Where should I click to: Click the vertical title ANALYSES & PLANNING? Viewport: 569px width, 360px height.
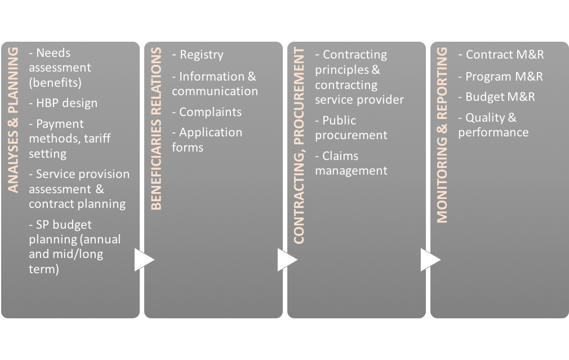(x=14, y=120)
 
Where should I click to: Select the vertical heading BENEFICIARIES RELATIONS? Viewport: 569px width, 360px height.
(x=156, y=129)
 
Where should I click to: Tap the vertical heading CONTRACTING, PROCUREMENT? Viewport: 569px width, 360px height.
(x=299, y=146)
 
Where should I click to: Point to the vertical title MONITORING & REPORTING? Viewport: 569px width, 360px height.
(x=442, y=135)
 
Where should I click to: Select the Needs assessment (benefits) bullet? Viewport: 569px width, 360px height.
(x=60, y=68)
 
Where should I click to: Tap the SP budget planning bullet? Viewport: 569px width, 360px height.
(x=74, y=247)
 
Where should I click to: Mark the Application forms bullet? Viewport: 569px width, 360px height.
(x=207, y=140)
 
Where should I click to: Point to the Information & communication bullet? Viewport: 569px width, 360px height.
(x=215, y=83)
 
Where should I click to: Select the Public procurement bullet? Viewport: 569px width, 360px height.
(x=351, y=127)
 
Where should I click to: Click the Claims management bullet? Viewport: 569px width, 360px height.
(x=351, y=163)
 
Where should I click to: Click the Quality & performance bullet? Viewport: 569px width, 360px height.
(x=493, y=125)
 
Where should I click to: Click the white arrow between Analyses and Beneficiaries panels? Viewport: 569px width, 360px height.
(x=144, y=260)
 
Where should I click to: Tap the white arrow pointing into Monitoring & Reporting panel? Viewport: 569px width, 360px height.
(x=430, y=260)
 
